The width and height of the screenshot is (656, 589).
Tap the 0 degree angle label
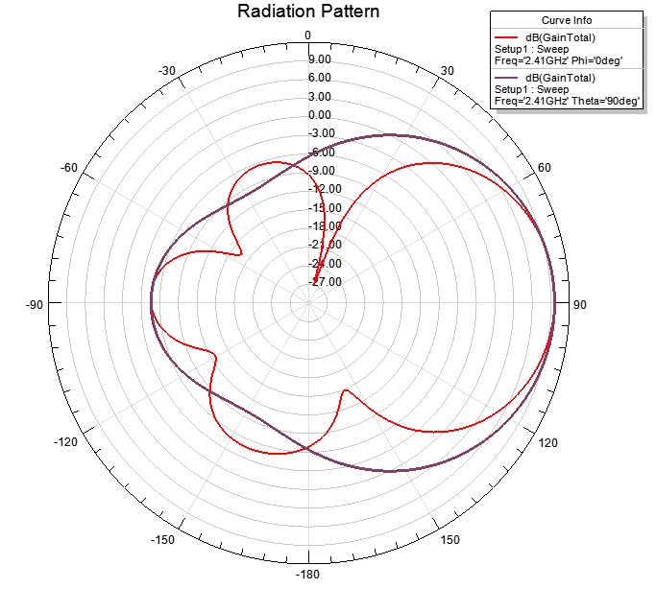(x=308, y=35)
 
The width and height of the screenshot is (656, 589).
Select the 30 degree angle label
(x=448, y=71)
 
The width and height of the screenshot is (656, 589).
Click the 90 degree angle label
(x=580, y=305)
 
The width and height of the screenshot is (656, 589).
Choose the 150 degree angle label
(x=450, y=540)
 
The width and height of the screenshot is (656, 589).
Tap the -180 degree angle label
(x=308, y=576)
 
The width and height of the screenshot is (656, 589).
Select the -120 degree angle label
(x=66, y=442)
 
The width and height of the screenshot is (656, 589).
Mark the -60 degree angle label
(x=69, y=169)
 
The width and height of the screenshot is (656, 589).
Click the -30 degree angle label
(x=167, y=71)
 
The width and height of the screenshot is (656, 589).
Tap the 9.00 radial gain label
(x=320, y=59)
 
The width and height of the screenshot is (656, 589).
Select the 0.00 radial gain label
(x=320, y=115)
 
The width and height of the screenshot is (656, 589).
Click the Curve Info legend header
(x=566, y=20)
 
